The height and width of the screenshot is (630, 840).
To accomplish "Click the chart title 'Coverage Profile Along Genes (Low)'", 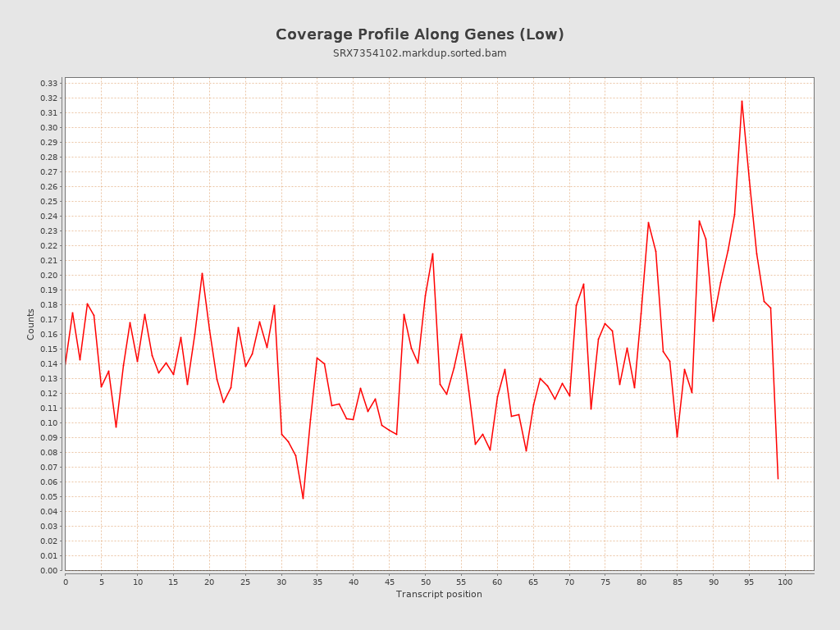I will pos(419,34).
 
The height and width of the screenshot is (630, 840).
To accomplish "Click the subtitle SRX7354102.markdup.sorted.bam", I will pos(419,53).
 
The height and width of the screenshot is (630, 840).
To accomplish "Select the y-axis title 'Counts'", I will pos(31,324).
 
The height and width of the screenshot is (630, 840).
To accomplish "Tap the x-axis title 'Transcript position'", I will pos(439,594).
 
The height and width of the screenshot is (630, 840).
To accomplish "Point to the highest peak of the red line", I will pos(742,101).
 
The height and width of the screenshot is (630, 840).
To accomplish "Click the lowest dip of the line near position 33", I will pos(303,498).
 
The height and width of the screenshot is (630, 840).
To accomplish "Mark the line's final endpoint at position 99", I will pos(778,478).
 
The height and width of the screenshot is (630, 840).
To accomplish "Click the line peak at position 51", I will pos(432,253).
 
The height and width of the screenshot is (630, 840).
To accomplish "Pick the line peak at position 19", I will pos(202,273).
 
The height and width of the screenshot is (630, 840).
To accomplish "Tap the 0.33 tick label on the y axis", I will pos(49,84).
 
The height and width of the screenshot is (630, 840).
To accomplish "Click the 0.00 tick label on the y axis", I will pos(49,570).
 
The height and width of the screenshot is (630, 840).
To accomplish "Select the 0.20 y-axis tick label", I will pos(49,276).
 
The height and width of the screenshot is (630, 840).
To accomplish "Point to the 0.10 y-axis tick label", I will pos(49,423).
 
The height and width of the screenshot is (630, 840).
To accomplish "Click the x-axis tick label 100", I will pos(785,582).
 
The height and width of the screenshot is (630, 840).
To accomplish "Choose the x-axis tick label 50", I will pos(425,582).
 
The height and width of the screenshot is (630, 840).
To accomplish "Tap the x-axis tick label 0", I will pos(66,582).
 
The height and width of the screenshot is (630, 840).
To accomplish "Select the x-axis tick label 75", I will pos(605,582).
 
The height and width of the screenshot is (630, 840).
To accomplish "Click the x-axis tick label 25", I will pos(245,582).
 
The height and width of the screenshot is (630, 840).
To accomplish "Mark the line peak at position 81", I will pos(648,222).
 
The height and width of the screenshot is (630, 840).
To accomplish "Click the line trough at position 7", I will pos(116,427).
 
